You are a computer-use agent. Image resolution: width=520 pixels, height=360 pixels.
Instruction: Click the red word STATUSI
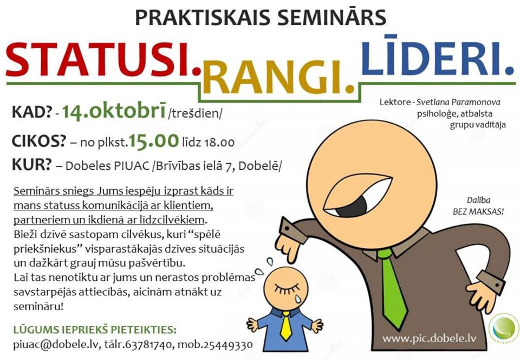pyautogui.click(x=103, y=60)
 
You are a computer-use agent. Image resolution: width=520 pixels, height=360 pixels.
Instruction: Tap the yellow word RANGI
pyautogui.click(x=278, y=78)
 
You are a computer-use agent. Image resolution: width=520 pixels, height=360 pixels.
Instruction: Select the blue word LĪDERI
pyautogui.click(x=438, y=55)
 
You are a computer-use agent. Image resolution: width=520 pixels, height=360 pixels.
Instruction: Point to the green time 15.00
pyautogui.click(x=153, y=140)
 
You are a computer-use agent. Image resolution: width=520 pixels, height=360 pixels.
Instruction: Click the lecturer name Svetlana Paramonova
pyautogui.click(x=458, y=102)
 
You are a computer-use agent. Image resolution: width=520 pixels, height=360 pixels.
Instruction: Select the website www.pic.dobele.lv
pyautogui.click(x=429, y=339)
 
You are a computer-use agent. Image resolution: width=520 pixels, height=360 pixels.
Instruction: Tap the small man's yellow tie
pyautogui.click(x=285, y=326)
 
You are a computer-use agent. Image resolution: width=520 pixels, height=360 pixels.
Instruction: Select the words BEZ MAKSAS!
pyautogui.click(x=478, y=211)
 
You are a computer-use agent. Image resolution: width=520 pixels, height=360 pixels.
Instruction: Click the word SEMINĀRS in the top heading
pyautogui.click(x=331, y=17)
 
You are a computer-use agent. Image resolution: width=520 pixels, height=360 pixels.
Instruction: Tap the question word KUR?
pyautogui.click(x=32, y=165)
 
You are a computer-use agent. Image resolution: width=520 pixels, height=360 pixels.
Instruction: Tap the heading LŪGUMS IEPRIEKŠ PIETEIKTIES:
pyautogui.click(x=95, y=330)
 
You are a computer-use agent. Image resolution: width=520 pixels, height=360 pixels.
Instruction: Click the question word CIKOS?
pyautogui.click(x=39, y=142)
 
